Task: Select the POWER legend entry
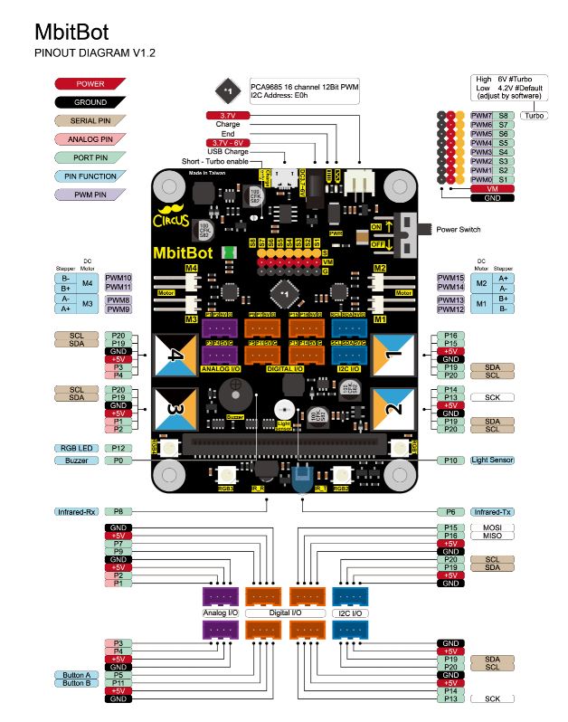[x=90, y=83]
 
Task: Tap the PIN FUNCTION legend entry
[x=90, y=176]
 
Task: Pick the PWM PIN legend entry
[x=90, y=195]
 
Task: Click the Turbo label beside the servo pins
[x=535, y=116]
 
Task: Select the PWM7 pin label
[x=481, y=116]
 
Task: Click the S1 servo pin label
[x=504, y=179]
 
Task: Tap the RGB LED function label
[x=75, y=448]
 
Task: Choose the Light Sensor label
[x=492, y=461]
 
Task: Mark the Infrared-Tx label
[x=492, y=511]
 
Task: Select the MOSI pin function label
[x=492, y=527]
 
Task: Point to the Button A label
[x=75, y=675]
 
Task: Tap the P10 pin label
[x=450, y=461]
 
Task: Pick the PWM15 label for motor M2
[x=450, y=278]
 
